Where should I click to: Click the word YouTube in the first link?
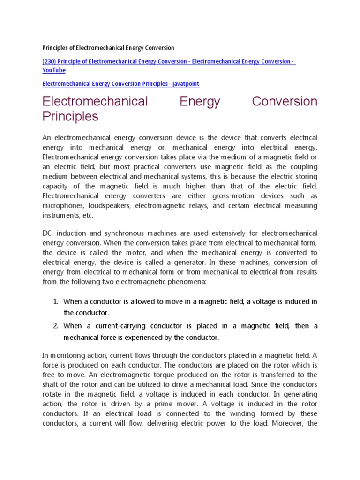coord(54,70)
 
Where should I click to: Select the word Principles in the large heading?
coord(70,116)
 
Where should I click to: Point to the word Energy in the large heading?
coord(200,101)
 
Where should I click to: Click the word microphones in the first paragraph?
coord(64,206)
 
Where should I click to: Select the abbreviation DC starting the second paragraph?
coord(47,233)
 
